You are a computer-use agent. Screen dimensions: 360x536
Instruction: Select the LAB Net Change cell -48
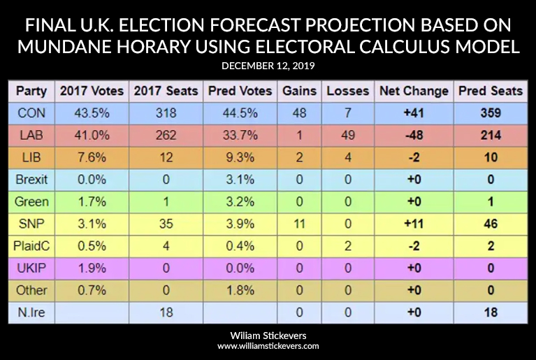pos(412,135)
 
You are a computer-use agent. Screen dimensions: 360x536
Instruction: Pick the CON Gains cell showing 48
pos(298,113)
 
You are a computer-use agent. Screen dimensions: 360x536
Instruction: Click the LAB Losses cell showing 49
pos(347,135)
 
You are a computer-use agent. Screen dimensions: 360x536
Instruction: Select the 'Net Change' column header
pos(412,91)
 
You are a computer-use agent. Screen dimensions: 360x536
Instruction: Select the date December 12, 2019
pos(268,65)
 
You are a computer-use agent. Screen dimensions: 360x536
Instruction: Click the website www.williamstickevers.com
pos(268,346)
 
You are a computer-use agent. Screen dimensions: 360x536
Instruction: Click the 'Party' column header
pos(31,91)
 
